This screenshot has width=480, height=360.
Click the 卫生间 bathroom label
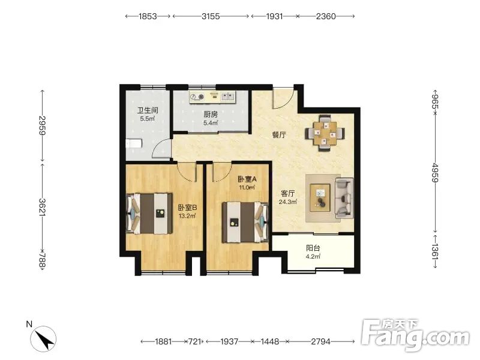pos(148,110)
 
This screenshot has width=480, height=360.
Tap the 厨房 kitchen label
pos(211,115)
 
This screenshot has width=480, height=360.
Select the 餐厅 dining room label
pos(279,134)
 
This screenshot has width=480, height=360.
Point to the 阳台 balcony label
pos(313,248)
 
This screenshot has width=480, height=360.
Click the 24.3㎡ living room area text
pos(288,202)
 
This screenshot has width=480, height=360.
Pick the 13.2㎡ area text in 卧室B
pos(187,216)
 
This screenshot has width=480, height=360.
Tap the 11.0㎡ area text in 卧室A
pos(247,187)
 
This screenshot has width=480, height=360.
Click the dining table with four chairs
pos(325,133)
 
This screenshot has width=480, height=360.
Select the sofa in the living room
pos(344,198)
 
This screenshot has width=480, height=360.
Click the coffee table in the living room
pos(320,197)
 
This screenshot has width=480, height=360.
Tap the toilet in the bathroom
pos(134,143)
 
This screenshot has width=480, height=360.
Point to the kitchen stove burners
pos(197,97)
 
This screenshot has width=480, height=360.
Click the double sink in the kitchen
pos(227,97)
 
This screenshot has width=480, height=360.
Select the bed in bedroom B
pos(149,214)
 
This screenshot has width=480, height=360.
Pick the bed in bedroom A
pos(245,222)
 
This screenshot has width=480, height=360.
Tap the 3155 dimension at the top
pos(211,16)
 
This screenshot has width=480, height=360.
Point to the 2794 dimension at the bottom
pos(321,341)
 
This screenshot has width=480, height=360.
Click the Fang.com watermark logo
pos(415,335)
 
